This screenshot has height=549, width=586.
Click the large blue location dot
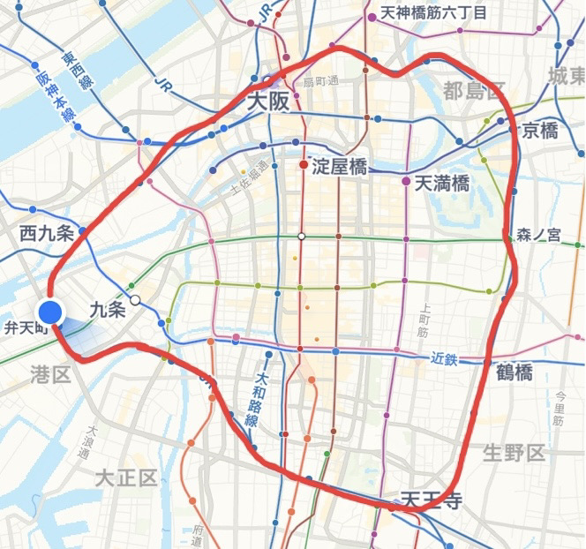point(51,312)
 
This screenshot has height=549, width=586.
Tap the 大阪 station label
point(267,102)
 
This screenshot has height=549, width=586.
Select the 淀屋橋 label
point(341,165)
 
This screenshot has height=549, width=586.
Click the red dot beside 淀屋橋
point(304,164)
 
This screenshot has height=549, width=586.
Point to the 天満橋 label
point(441,183)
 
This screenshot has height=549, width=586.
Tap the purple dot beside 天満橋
point(406,182)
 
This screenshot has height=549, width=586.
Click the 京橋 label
point(540,131)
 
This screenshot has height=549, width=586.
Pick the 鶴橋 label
point(514,371)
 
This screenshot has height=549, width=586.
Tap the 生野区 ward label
point(515,454)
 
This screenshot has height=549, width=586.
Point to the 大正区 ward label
point(126,478)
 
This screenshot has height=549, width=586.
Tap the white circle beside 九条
point(135,300)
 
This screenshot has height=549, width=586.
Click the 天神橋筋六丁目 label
point(432,14)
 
